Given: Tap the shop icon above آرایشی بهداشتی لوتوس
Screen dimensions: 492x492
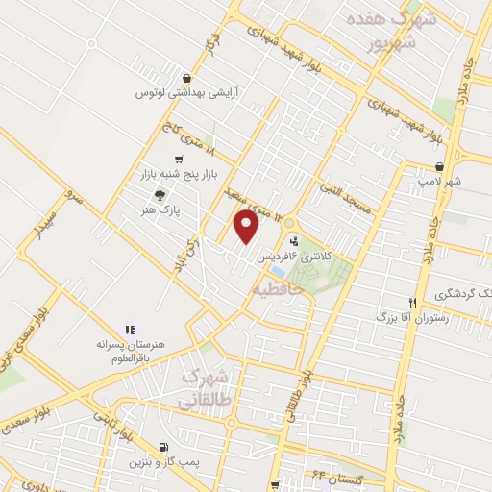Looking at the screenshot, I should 186,79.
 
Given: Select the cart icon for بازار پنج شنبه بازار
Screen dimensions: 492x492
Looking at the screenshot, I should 179,160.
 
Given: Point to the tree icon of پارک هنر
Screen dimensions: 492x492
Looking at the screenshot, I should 171,190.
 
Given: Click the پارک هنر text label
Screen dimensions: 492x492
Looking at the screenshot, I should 176,205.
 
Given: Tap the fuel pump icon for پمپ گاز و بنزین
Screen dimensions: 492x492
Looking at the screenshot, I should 163,448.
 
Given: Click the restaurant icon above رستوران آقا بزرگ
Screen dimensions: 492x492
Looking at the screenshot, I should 412,300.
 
